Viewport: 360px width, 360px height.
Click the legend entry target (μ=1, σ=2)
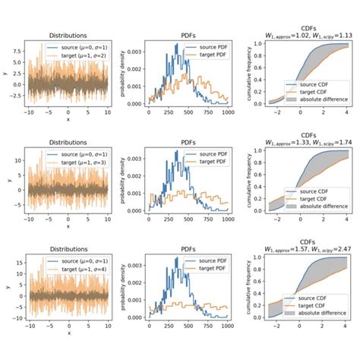tap(69, 55)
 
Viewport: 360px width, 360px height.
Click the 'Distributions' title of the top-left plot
tap(66, 35)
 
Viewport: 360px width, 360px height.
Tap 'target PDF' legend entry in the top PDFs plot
tap(208, 55)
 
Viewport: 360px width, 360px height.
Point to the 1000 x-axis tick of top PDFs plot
tap(227, 111)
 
